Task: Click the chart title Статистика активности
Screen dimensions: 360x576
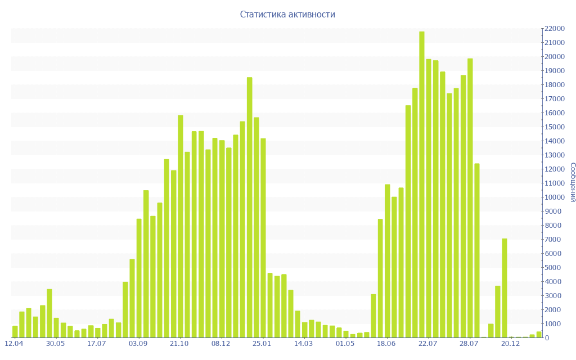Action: tap(287, 15)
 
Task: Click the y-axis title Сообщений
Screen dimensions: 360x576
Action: tap(572, 182)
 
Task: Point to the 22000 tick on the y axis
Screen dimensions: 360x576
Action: tap(554, 29)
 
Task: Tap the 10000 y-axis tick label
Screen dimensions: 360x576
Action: tap(554, 197)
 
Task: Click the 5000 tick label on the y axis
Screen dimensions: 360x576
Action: tap(555, 268)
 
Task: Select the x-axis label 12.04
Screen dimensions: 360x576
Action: tap(14, 343)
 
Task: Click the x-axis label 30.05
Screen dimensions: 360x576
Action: tap(56, 343)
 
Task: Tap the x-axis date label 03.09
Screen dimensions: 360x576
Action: tap(138, 343)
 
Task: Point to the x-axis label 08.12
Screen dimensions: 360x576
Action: tap(221, 343)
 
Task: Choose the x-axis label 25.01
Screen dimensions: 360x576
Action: tap(262, 343)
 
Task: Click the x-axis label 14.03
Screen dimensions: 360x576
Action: tap(304, 343)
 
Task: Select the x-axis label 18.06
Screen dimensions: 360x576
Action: tap(386, 343)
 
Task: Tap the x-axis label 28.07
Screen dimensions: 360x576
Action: tap(469, 343)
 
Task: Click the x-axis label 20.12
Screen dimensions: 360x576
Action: tap(511, 343)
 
